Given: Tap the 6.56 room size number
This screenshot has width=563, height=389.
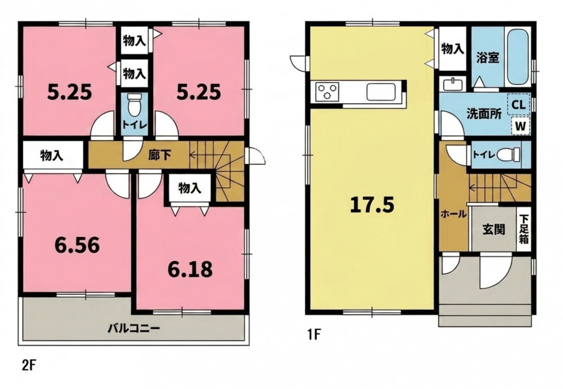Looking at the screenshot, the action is click(x=77, y=246).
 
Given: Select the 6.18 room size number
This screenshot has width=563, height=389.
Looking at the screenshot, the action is click(x=190, y=269).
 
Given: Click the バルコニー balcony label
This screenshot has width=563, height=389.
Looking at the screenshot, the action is click(x=133, y=328).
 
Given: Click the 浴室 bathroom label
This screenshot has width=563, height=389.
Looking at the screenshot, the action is click(x=488, y=58).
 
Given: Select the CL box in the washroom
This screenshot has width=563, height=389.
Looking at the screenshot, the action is click(x=519, y=105).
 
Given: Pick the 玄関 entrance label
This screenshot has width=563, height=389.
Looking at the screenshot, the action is click(x=494, y=229).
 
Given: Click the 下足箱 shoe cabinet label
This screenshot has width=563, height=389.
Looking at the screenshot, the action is click(x=524, y=229).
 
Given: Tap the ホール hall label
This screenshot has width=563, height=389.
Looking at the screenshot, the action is click(x=453, y=214).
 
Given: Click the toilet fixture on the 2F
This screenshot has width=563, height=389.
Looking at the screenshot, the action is click(x=135, y=105).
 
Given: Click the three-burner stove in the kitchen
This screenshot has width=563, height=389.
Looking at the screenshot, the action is click(x=327, y=91).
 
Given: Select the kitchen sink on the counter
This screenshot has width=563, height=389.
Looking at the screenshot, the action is click(x=381, y=92).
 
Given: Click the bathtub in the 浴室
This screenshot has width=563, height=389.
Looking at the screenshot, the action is click(x=517, y=58).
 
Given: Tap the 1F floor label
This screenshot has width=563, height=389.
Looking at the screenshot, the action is click(x=312, y=335).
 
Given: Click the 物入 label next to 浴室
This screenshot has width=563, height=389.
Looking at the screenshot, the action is click(x=453, y=48).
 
